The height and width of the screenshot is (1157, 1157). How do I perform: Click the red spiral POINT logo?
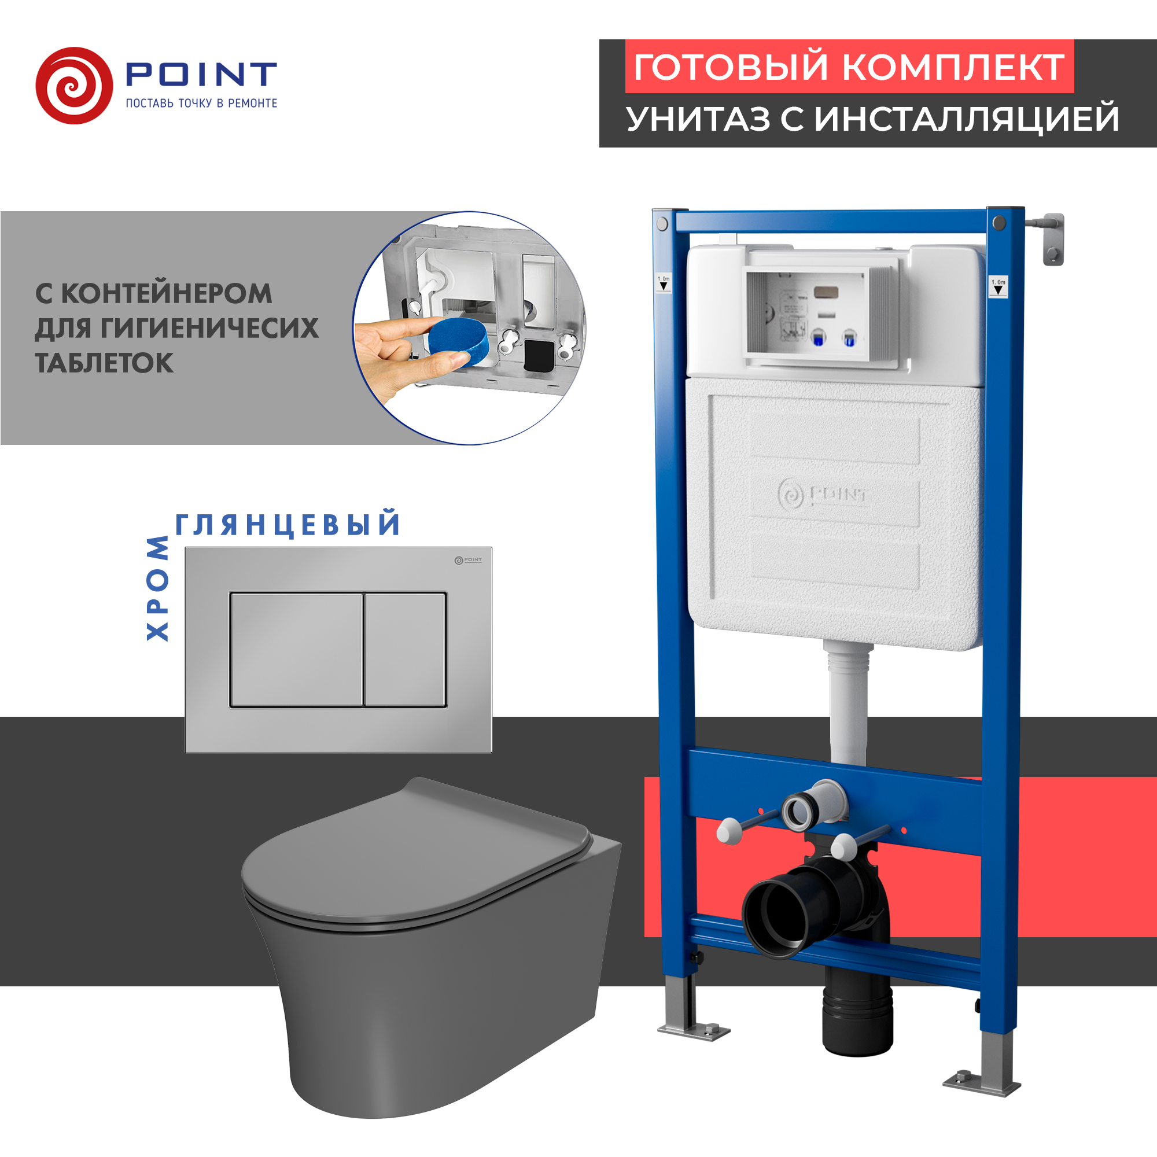(x=74, y=86)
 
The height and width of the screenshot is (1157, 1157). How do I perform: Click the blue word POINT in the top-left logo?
(x=201, y=75)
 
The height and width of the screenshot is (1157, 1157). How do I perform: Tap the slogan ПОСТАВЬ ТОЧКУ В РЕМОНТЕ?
(x=201, y=104)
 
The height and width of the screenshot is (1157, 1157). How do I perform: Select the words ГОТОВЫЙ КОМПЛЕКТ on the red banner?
(x=849, y=67)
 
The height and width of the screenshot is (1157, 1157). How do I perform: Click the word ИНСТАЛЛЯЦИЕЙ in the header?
(x=966, y=119)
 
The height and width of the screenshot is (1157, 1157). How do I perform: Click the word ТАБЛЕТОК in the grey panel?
(x=104, y=363)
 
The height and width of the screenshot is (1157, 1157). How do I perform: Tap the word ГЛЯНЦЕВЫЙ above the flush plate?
(x=288, y=525)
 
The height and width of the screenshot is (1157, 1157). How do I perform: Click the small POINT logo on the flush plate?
(x=467, y=560)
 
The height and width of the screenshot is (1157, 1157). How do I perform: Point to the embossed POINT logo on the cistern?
(x=823, y=495)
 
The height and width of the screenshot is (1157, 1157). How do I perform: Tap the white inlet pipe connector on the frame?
(x=802, y=812)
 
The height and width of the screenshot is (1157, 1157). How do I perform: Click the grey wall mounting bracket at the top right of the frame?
(x=1053, y=239)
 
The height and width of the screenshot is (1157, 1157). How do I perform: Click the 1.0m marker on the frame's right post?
(x=998, y=287)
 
